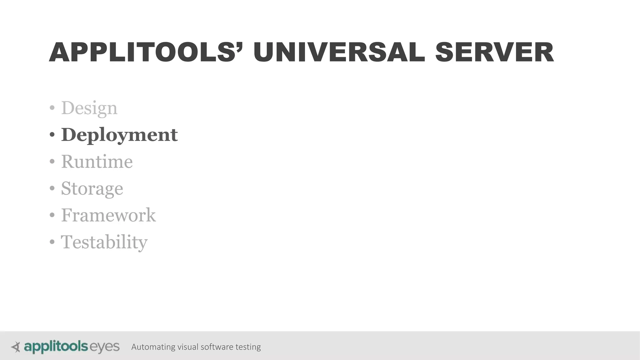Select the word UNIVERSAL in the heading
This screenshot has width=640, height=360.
[339, 52]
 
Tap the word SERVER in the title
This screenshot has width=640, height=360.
[494, 52]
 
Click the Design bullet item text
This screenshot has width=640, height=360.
[89, 108]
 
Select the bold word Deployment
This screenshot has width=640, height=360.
[119, 135]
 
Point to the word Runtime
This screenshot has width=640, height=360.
[97, 162]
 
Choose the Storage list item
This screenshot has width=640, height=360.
[92, 189]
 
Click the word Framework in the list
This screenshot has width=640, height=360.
[108, 215]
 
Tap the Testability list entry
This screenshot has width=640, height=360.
[104, 242]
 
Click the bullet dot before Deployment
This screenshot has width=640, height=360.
[52, 135]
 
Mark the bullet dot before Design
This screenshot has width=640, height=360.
[52, 108]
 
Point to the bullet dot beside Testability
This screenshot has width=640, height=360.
[52, 242]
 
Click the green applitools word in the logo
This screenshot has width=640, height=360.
[56, 347]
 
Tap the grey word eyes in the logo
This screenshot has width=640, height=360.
[104, 347]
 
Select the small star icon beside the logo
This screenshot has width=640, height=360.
[16, 347]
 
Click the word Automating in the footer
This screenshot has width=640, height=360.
[153, 347]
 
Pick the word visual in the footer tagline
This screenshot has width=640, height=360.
[187, 347]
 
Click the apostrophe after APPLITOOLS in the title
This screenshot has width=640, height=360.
[240, 45]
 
